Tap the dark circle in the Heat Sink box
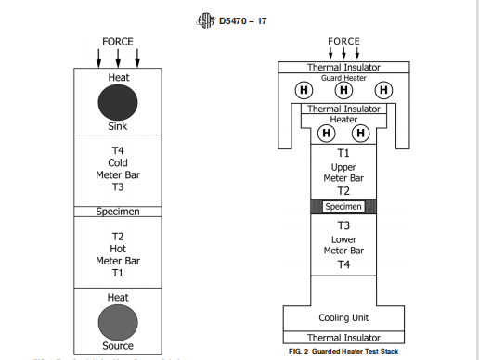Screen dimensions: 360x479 tap(118, 101)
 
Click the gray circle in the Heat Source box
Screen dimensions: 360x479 tap(118, 321)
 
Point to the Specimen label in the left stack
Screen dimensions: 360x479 tap(118, 212)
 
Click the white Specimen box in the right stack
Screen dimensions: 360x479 tap(343, 207)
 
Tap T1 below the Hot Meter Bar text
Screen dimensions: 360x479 tap(118, 275)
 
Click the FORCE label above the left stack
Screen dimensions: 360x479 tap(118, 42)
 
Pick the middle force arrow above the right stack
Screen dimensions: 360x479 tap(343, 55)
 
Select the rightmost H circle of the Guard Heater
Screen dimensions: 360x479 tap(382, 90)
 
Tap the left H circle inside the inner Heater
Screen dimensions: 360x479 tap(326, 132)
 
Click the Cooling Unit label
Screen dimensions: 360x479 tap(343, 317)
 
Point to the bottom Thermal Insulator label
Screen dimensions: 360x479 tap(343, 338)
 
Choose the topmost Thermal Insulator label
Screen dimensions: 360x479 tap(343, 68)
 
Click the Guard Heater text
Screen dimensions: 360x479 tap(343, 78)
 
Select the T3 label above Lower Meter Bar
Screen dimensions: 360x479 tap(343, 225)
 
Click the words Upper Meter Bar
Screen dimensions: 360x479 tap(343, 173)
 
